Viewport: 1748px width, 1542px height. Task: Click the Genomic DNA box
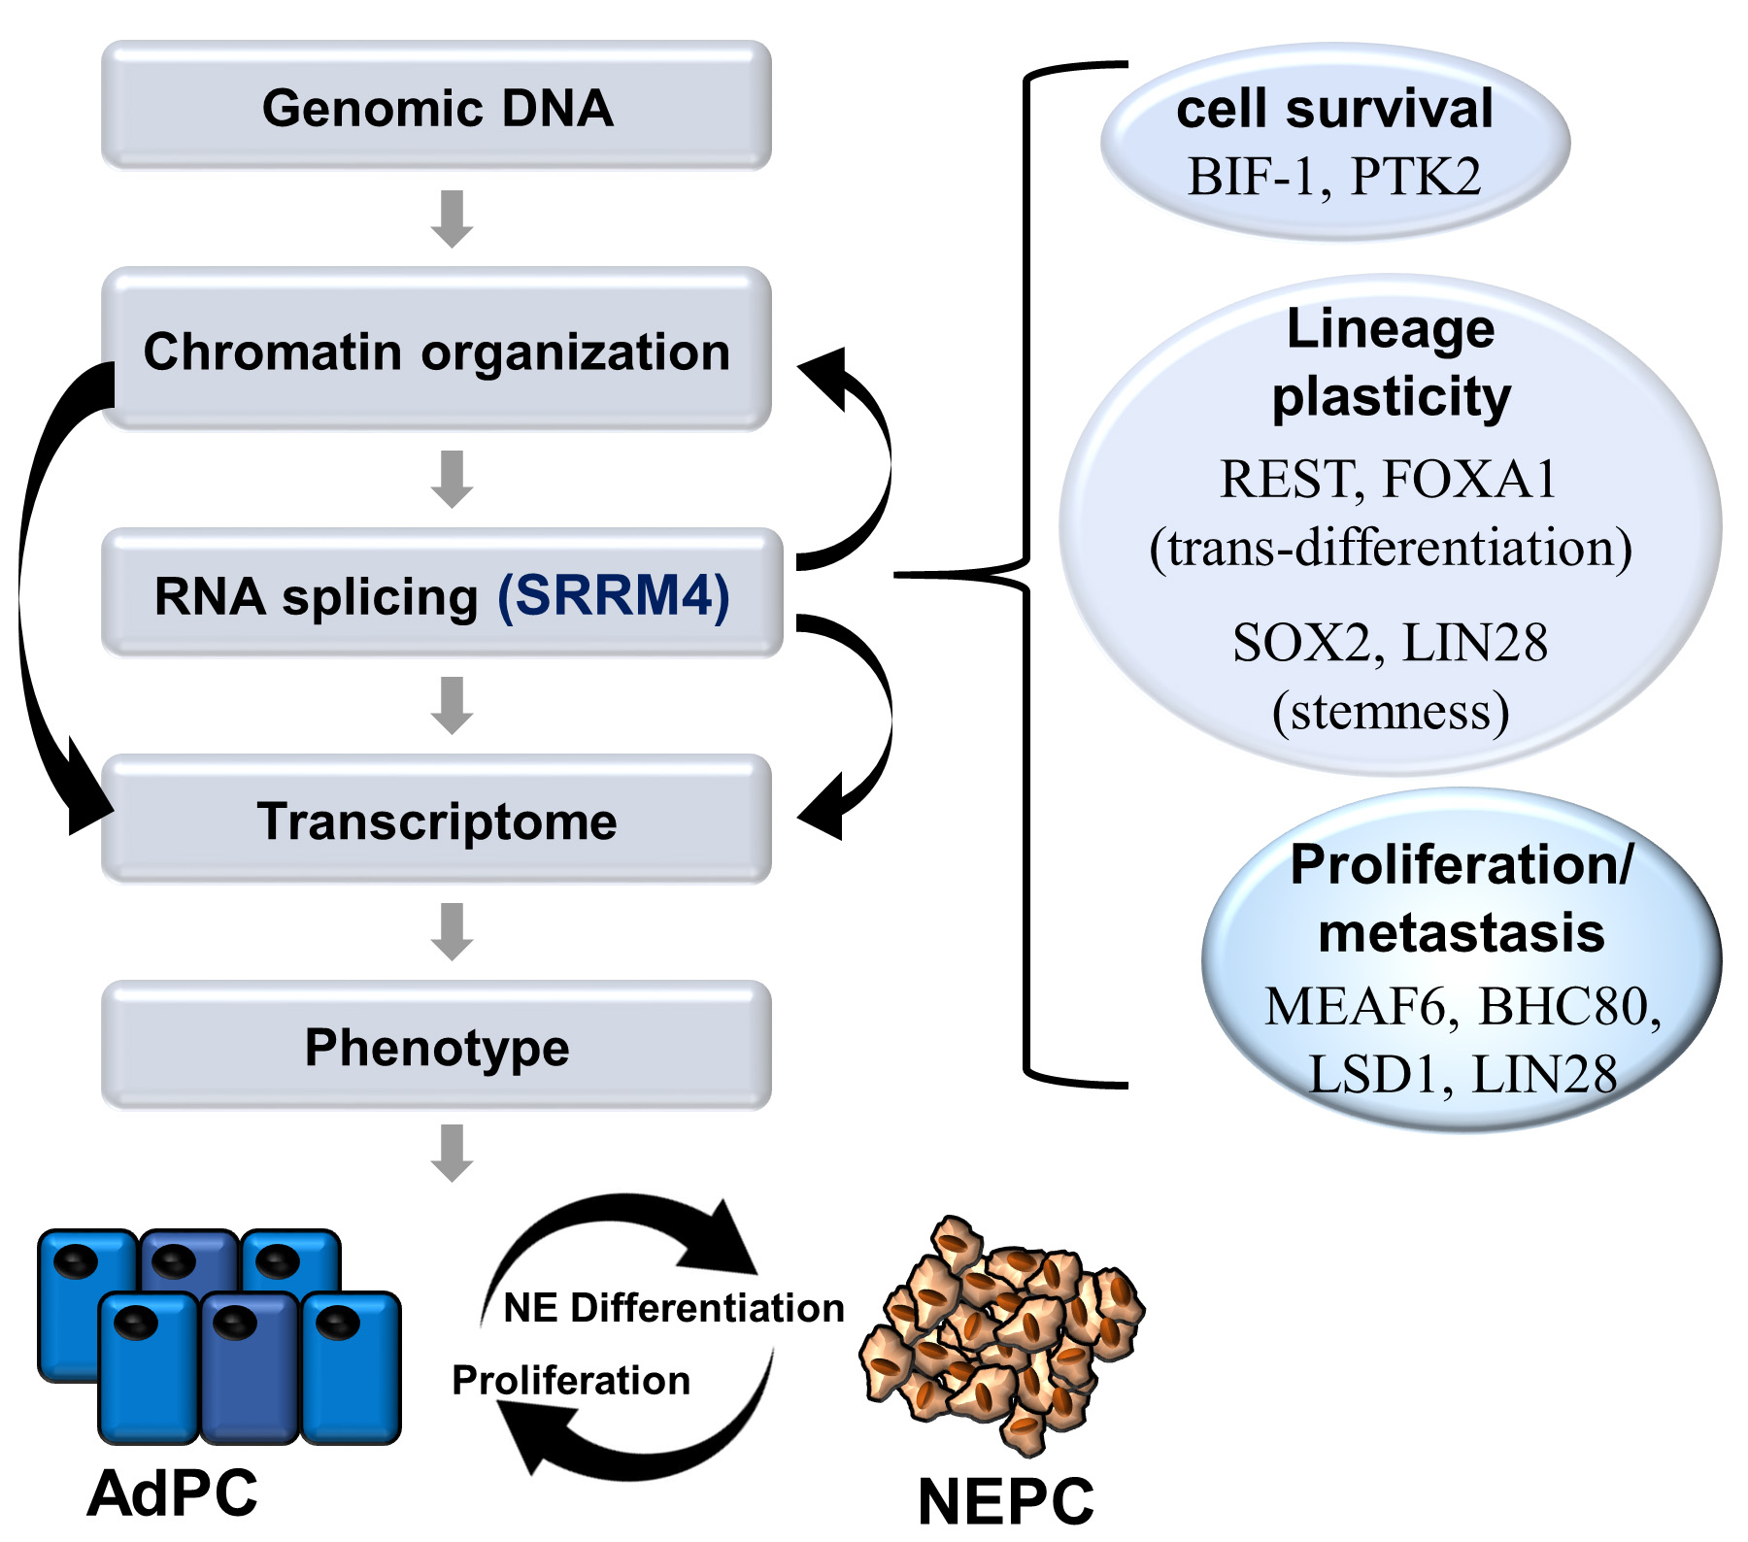tap(436, 106)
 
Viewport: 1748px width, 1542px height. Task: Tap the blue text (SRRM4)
tap(613, 595)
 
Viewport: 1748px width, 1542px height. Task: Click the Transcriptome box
tap(436, 821)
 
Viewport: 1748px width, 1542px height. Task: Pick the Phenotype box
tap(436, 1047)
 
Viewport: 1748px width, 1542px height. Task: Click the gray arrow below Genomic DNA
tap(452, 218)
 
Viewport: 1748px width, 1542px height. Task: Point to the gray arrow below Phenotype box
tap(452, 1153)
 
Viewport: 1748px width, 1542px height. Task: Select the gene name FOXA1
tap(1469, 479)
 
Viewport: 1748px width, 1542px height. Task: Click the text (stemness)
tap(1390, 711)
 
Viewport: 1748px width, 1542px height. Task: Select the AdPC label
tap(173, 1492)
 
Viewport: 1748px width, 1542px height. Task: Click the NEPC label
tap(1005, 1501)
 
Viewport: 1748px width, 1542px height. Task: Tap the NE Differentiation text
tap(673, 1308)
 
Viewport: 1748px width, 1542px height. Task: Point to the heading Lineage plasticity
tap(1390, 362)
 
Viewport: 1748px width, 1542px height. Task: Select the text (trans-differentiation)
tap(1390, 548)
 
